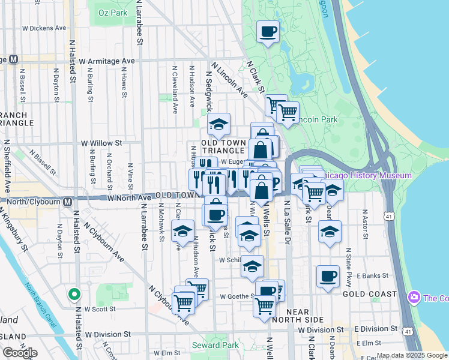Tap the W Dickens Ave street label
pos(44,28)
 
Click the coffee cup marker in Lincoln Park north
pos(268,32)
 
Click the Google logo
pos(20,353)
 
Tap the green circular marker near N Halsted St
pos(74,295)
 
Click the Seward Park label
pos(207,345)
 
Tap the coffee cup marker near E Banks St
pos(328,277)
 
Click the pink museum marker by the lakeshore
pos(414,298)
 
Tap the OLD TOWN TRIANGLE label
pos(223,146)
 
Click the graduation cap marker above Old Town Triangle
pos(219,124)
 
